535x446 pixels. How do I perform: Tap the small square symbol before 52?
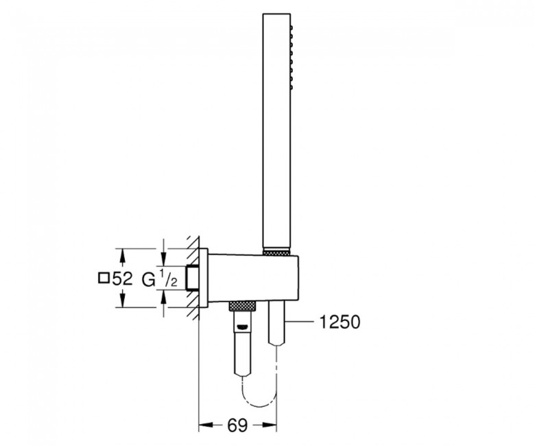[x=104, y=279]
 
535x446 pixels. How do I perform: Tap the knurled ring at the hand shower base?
[x=277, y=250]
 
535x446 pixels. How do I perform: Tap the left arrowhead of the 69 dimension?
[x=204, y=425]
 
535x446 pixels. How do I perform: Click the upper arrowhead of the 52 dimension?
[x=123, y=255]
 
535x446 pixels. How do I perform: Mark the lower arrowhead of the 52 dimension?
[x=123, y=302]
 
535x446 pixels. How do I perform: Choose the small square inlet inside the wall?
[x=194, y=278]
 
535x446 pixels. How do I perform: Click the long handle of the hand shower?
[x=276, y=137]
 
